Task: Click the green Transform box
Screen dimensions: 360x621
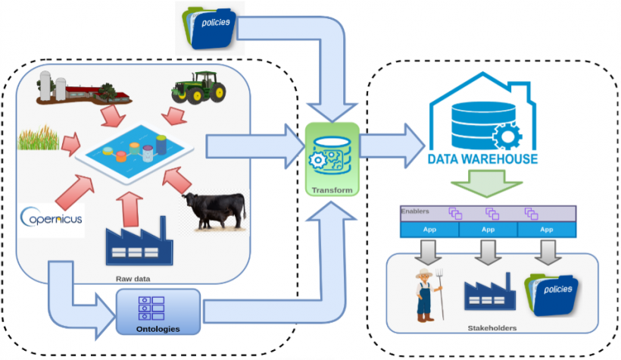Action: [330, 160]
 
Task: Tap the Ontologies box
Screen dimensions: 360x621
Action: [158, 312]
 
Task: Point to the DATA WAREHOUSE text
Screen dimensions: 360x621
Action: [483, 159]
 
